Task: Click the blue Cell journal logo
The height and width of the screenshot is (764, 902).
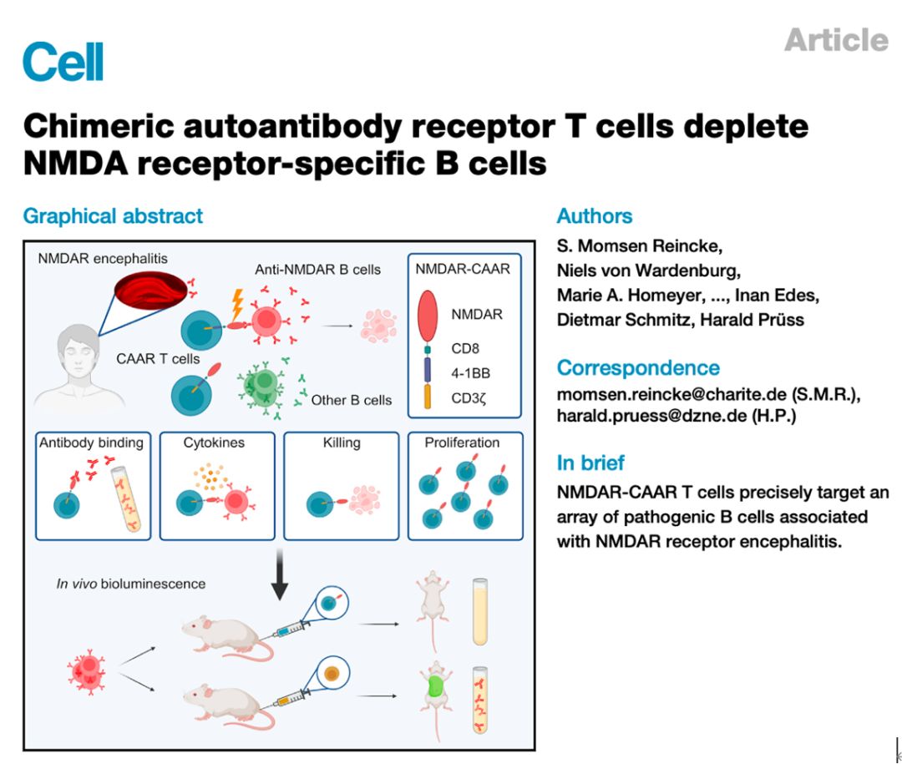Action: (63, 61)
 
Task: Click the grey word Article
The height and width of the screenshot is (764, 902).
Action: (835, 40)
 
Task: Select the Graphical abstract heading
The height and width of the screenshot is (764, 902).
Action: (113, 216)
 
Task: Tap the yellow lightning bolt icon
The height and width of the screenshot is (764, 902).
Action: (236, 306)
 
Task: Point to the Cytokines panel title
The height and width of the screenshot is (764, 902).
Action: (214, 443)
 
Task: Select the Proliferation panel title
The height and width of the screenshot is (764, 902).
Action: (462, 443)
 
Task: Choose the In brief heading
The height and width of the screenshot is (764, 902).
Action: (590, 463)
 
